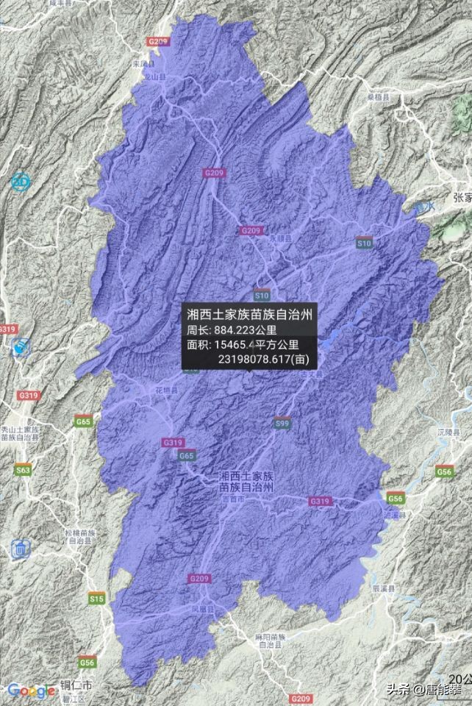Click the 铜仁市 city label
point(76,685)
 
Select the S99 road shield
point(281,424)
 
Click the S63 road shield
point(24,469)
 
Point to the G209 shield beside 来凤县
point(157,42)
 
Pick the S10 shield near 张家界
point(364,242)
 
